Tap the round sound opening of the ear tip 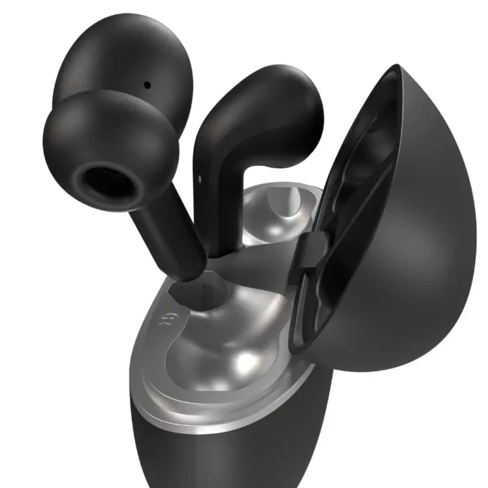[106, 184]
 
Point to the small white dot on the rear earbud [200, 178]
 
